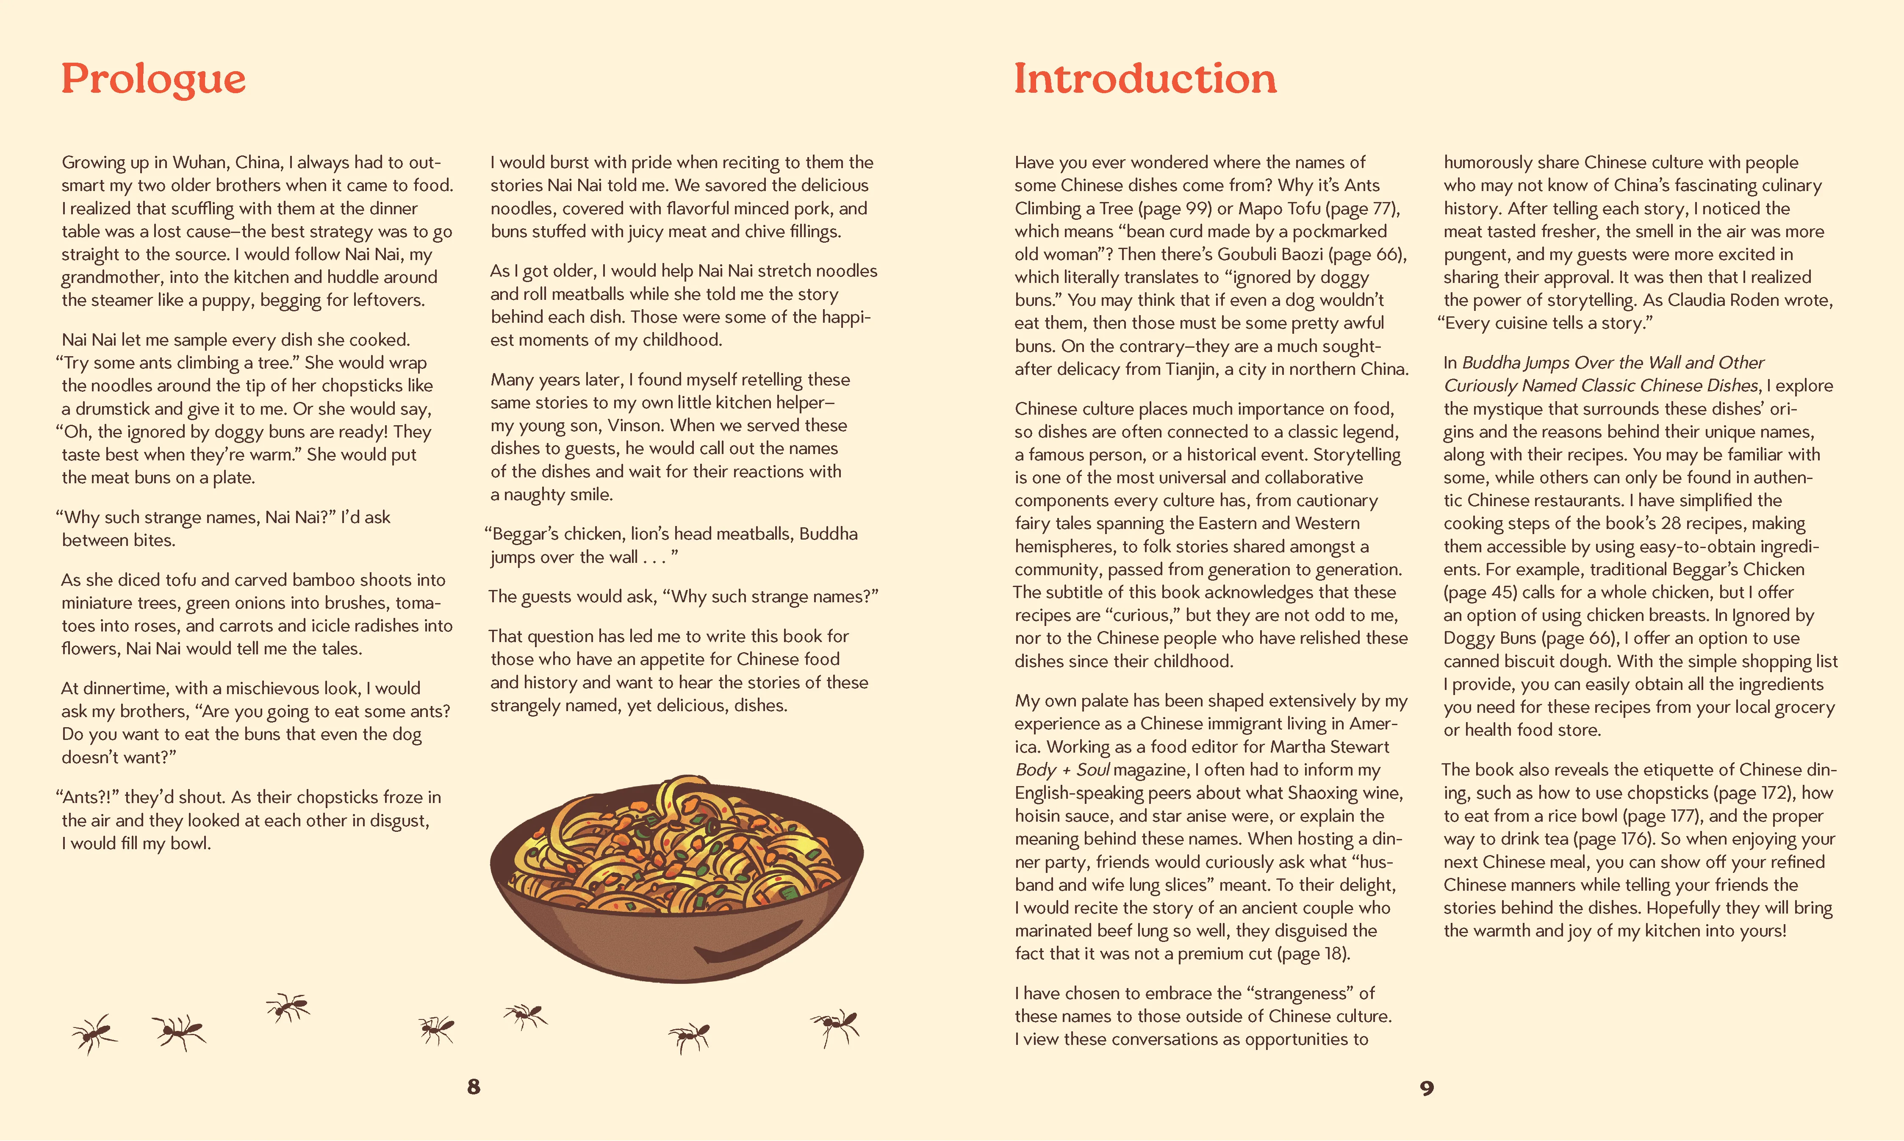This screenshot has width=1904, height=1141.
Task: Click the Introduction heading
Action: (x=1145, y=79)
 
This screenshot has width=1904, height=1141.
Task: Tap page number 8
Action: (x=474, y=1086)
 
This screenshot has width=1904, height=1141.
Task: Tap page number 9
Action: (x=1427, y=1088)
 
